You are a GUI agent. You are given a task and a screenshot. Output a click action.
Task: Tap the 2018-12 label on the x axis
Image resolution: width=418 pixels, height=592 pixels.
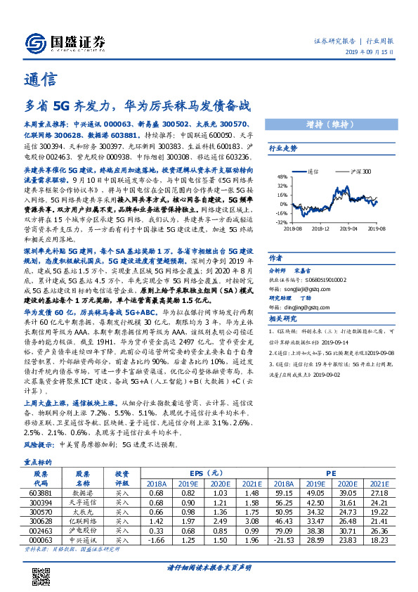tap(320, 228)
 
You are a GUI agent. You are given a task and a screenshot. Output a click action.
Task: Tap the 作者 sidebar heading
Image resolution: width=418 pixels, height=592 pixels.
tap(275, 258)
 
